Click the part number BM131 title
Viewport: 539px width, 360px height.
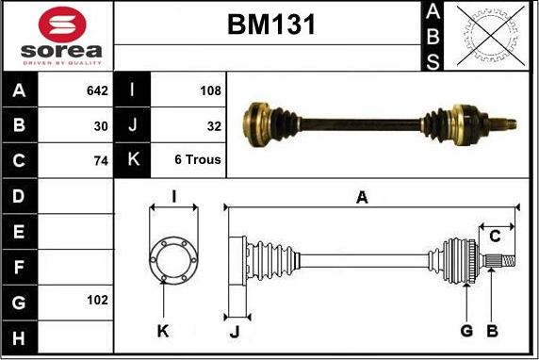270,25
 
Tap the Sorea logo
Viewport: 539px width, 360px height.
57,36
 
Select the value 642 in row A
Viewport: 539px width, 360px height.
97,91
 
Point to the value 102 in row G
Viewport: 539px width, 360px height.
97,301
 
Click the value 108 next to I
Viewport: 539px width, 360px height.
211,91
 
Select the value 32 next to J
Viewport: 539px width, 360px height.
214,125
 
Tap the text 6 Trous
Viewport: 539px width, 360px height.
198,160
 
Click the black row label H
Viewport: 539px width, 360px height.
20,336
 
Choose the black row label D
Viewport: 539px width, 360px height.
20,196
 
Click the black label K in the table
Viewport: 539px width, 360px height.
132,160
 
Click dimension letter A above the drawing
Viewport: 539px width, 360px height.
361,196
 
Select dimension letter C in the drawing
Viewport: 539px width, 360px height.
494,236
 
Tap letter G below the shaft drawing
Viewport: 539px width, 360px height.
465,331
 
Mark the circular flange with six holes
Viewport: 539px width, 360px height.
173,257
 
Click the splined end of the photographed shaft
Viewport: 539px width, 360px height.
508,123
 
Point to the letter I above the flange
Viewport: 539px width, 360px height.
173,196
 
